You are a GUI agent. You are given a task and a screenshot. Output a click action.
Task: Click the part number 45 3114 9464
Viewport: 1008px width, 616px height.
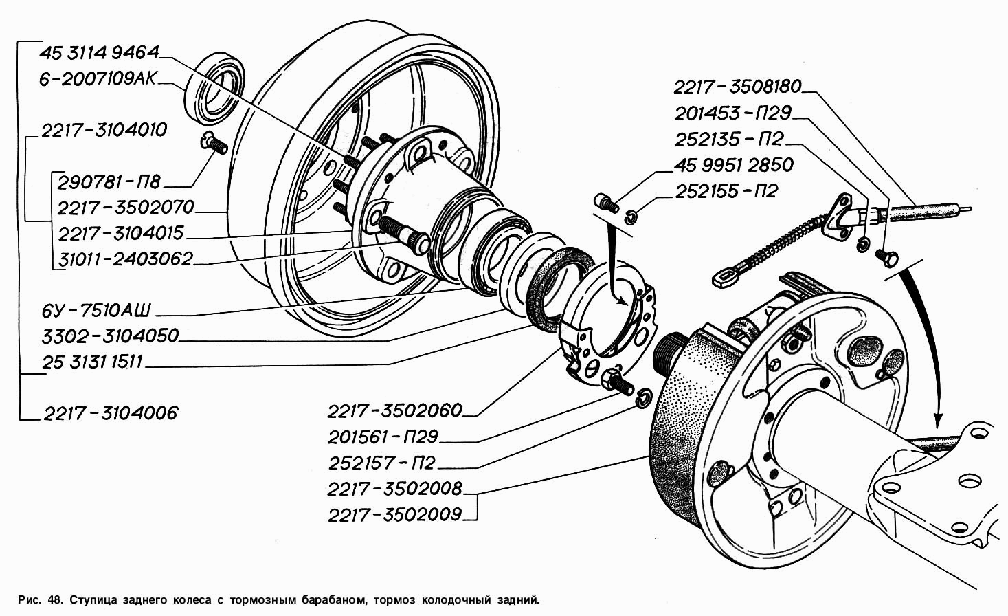(x=100, y=52)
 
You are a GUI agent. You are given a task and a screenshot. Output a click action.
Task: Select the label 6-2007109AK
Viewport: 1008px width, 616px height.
(x=98, y=79)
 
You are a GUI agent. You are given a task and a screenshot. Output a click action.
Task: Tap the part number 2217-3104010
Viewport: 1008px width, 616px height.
(x=104, y=130)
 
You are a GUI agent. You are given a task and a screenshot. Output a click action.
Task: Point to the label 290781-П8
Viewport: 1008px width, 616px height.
(x=109, y=182)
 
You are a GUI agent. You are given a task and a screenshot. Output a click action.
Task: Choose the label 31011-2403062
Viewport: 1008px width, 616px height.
(x=126, y=259)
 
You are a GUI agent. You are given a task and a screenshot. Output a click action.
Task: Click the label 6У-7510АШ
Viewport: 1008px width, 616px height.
(x=96, y=310)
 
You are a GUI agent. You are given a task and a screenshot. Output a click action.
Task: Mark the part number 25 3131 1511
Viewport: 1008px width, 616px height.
(x=92, y=362)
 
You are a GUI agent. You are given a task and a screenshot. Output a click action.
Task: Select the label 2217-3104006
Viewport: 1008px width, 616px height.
(x=111, y=413)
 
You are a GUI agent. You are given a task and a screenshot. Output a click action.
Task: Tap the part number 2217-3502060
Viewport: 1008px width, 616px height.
(x=394, y=410)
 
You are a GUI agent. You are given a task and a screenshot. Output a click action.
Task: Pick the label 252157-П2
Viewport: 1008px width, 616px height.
(x=382, y=463)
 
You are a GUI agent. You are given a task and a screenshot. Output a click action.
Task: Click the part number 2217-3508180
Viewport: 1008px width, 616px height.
(x=737, y=87)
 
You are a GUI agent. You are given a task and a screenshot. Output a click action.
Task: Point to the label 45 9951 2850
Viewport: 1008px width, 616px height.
(x=734, y=165)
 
